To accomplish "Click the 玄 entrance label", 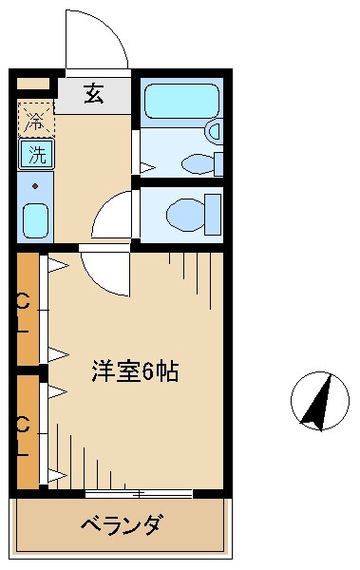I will tap(93, 93).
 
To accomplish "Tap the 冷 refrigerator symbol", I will tap(34, 121).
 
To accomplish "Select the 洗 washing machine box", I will tap(33, 151).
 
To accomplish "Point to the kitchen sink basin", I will tap(34, 220).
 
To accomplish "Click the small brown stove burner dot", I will tap(34, 185).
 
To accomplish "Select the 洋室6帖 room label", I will tap(135, 370).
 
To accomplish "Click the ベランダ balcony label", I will tap(120, 523).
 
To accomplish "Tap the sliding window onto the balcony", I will tap(138, 493).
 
